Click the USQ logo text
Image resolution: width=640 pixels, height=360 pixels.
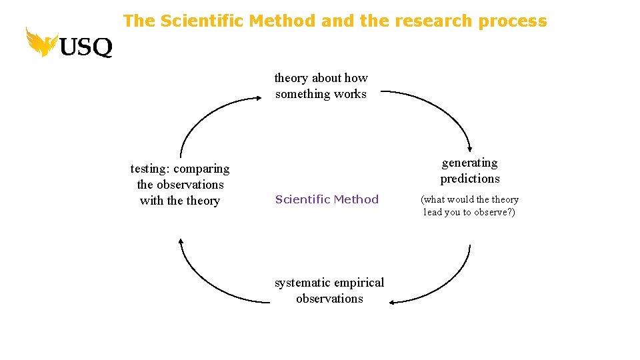click(x=86, y=46)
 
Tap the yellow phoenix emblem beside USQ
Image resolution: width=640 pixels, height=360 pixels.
click(x=41, y=41)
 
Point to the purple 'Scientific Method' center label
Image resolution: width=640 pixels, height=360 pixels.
click(x=327, y=199)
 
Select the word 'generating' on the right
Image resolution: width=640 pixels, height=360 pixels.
click(x=470, y=163)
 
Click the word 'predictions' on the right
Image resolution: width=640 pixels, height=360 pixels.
click(x=470, y=179)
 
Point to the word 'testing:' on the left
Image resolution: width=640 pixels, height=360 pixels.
click(x=150, y=169)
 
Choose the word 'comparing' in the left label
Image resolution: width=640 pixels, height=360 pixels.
click(x=201, y=169)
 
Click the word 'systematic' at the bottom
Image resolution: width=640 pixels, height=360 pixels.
click(x=302, y=283)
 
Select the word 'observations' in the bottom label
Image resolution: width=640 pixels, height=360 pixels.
click(x=329, y=299)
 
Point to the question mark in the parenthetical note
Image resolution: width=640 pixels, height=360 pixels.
click(x=510, y=213)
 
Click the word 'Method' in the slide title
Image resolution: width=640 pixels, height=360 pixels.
click(x=283, y=21)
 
